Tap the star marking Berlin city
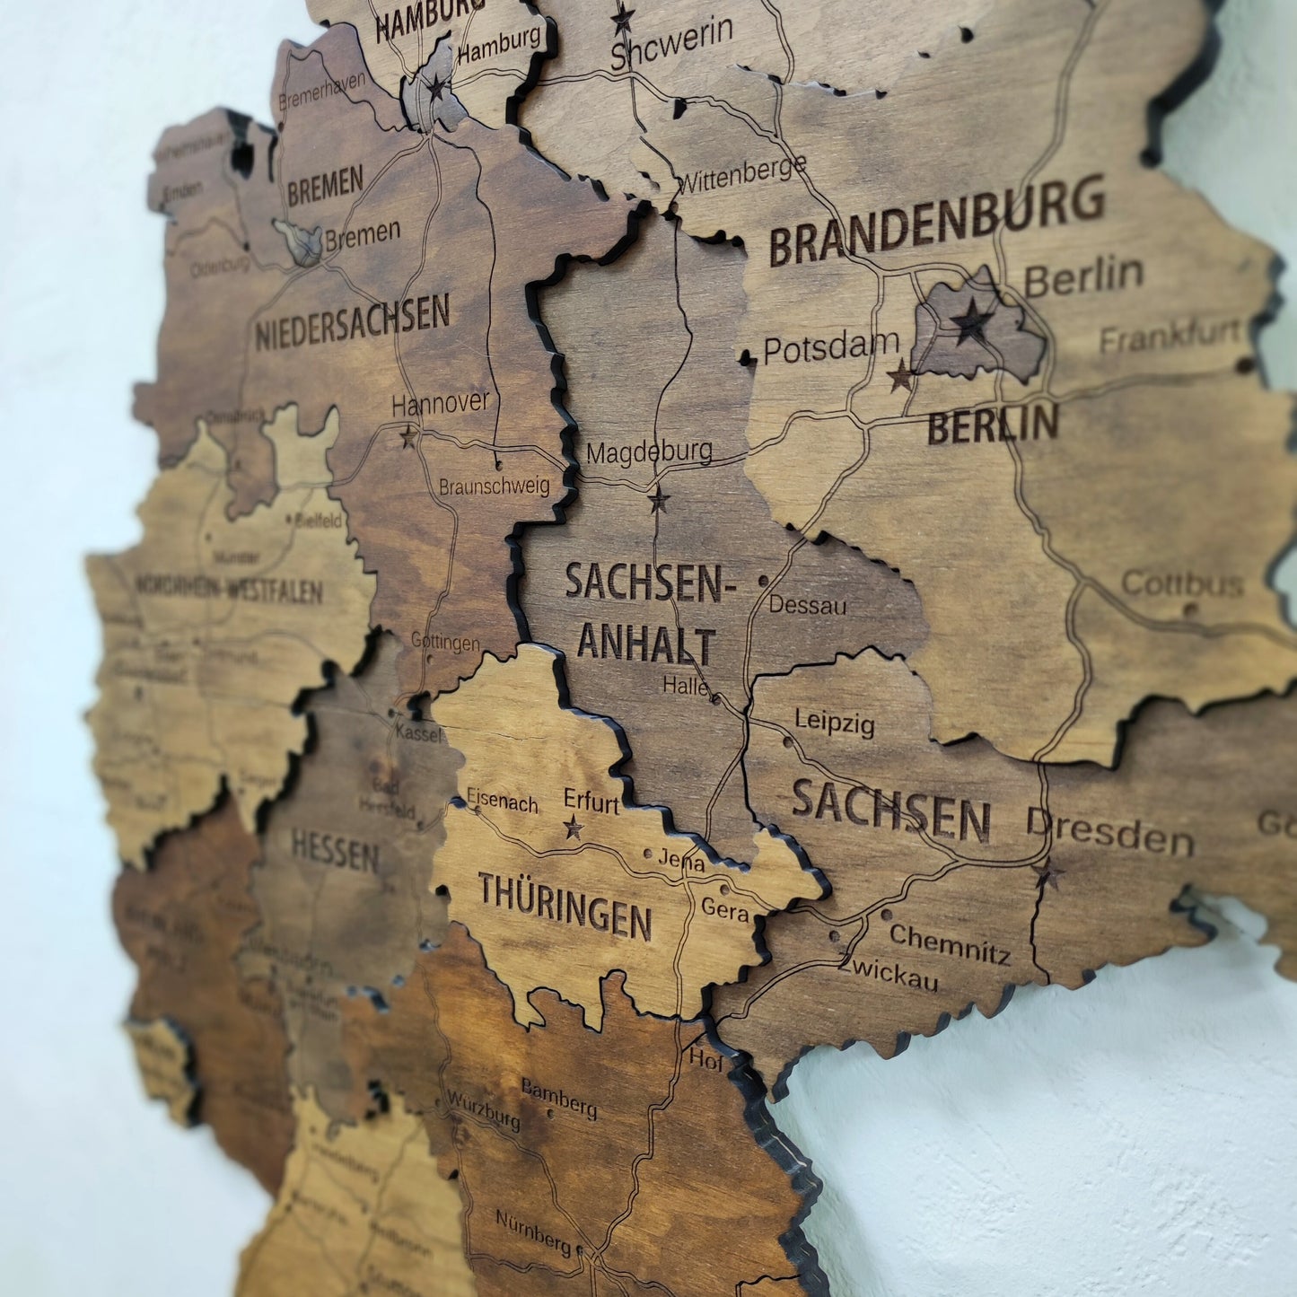coord(971,320)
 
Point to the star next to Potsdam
coord(900,376)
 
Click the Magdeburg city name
coord(649,451)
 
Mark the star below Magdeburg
coord(659,499)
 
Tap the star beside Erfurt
coord(573,828)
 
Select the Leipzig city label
coord(834,722)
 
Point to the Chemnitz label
coord(950,943)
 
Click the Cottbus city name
coord(1182,584)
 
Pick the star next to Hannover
coord(408,437)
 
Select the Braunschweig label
coord(494,486)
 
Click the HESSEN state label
coord(335,850)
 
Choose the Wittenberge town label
coord(741,174)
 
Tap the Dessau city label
coord(807,605)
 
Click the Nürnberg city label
coord(533,1231)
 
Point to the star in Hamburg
coord(436,88)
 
